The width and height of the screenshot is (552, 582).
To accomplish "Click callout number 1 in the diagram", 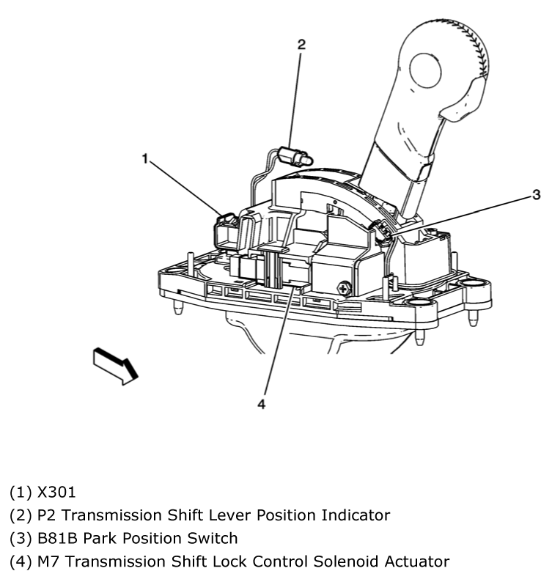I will pyautogui.click(x=146, y=157).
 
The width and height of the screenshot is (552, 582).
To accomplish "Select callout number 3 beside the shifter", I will pyautogui.click(x=536, y=194).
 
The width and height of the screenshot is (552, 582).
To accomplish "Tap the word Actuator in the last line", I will pyautogui.click(x=415, y=561).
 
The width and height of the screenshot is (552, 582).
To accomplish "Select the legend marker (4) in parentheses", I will pyautogui.click(x=19, y=561).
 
